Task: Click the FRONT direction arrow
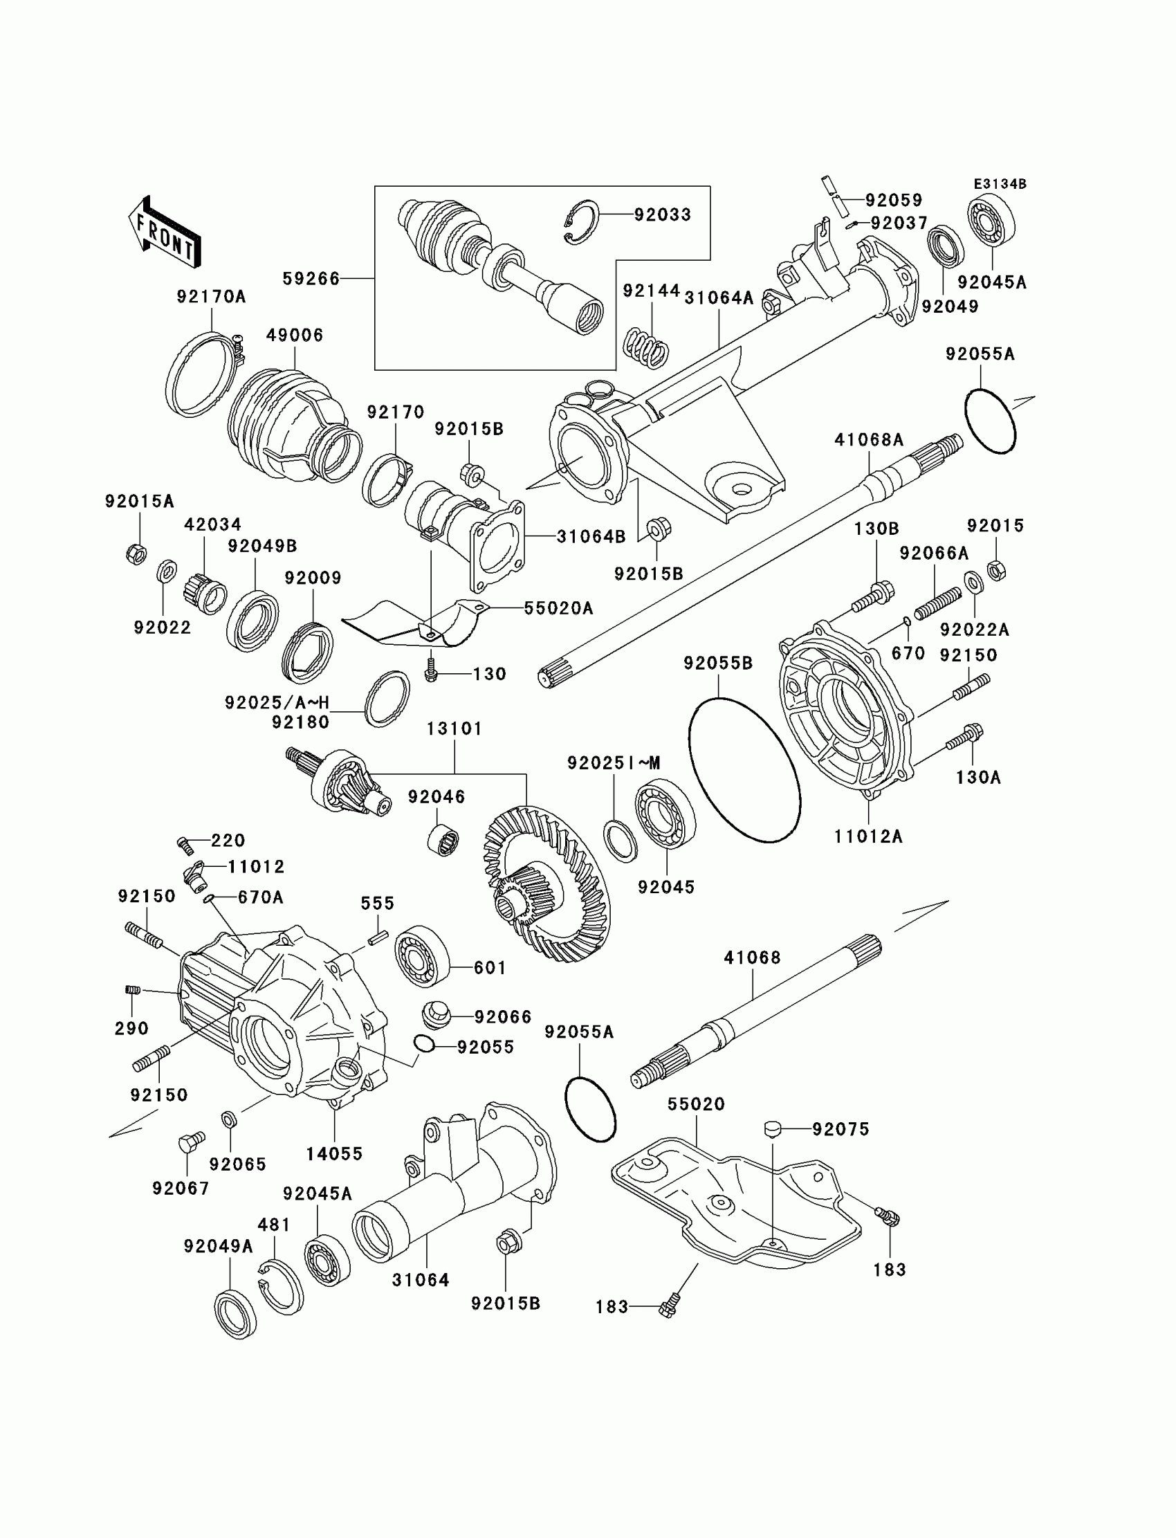(x=165, y=230)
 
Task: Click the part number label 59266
(x=311, y=279)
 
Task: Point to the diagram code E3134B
(x=1000, y=184)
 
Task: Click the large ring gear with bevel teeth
(x=546, y=884)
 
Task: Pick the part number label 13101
(x=454, y=729)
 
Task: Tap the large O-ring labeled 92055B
(x=745, y=769)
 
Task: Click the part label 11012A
(x=868, y=836)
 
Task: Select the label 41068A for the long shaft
(x=869, y=439)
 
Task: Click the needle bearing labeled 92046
(x=444, y=838)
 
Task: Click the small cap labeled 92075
(x=773, y=1128)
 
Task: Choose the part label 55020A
(x=559, y=608)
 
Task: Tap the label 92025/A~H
(x=277, y=702)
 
